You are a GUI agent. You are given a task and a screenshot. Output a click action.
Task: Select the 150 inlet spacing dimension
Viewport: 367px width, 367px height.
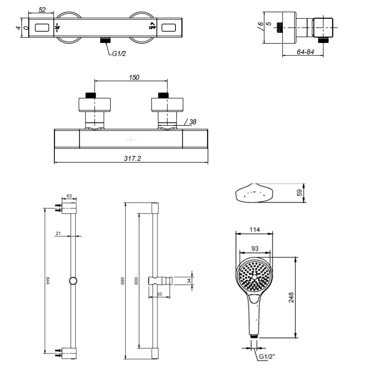pos(134,77)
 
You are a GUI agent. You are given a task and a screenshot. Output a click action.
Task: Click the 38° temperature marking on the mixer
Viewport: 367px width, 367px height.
pos(57,28)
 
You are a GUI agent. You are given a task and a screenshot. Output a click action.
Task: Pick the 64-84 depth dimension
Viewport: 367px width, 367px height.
pos(305,52)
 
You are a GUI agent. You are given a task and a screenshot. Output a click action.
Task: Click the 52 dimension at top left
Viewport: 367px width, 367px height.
pos(42,10)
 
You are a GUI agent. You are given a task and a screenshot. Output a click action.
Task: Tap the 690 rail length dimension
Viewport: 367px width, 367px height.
pos(123,281)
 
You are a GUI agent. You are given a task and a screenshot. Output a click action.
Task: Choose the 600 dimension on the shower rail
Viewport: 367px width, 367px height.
pos(136,281)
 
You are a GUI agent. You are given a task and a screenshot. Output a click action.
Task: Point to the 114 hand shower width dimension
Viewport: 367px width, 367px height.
pos(255,230)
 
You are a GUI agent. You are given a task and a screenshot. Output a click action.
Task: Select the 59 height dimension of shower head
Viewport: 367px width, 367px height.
pos(299,193)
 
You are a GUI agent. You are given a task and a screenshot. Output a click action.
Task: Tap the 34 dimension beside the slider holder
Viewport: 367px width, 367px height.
pos(189,281)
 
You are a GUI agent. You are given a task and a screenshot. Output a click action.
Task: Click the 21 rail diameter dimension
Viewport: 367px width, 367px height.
pos(58,233)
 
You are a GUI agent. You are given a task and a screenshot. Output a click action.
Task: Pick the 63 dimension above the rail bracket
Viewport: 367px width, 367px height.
pos(69,196)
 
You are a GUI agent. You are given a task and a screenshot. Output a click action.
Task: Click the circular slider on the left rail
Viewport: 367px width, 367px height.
pos(73,281)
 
